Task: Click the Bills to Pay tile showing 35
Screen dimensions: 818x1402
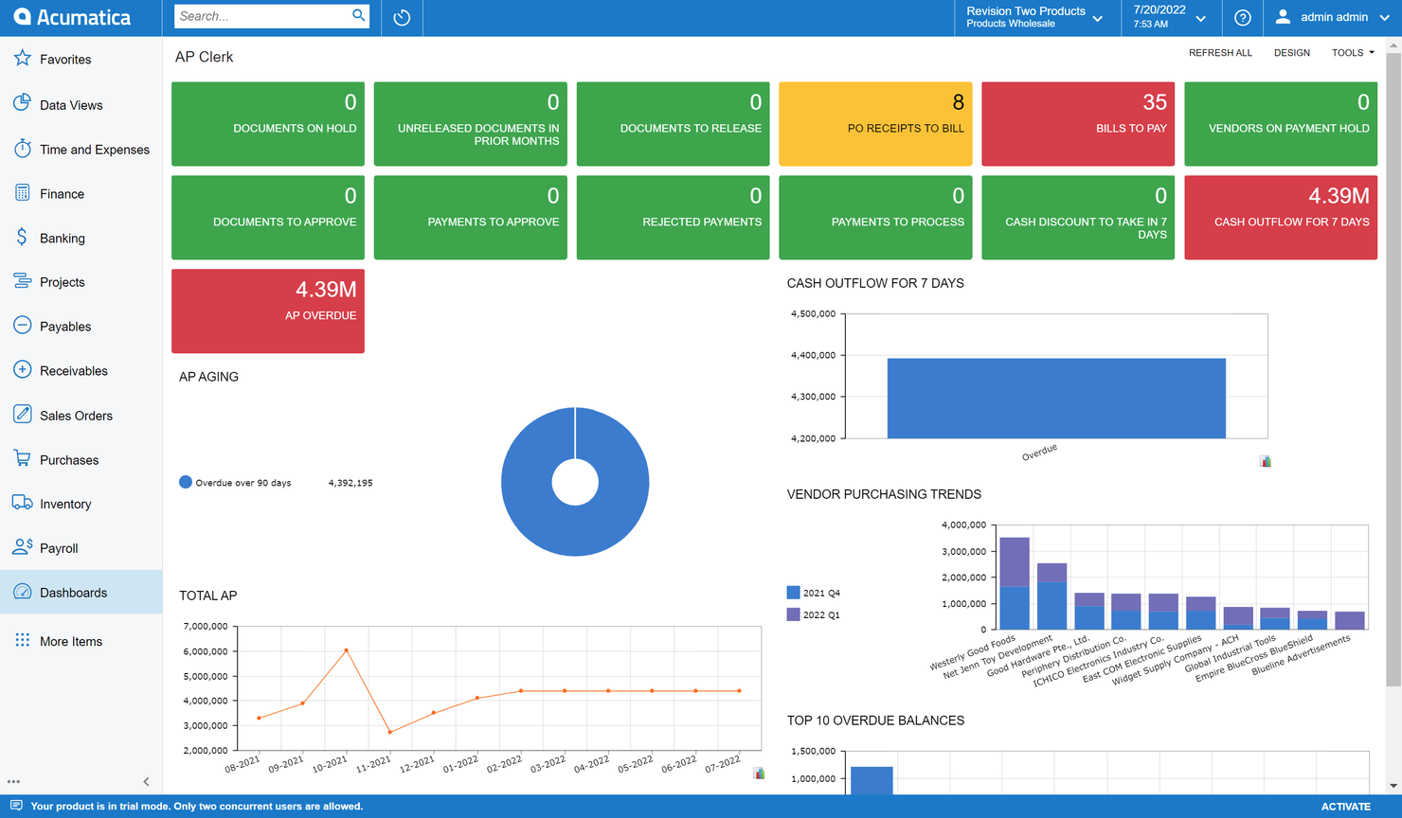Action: (1077, 124)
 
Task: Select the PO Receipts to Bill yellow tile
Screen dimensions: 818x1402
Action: (874, 124)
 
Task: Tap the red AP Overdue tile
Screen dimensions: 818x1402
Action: (267, 311)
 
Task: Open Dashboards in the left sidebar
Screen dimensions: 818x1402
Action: (73, 593)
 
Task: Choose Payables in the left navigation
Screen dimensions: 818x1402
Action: (65, 327)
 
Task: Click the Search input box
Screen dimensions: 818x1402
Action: (261, 16)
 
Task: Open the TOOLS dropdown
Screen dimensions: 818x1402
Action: (1352, 53)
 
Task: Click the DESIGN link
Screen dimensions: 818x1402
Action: (1291, 53)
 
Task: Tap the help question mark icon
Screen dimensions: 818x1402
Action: (1242, 18)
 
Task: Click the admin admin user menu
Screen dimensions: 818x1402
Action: (1332, 17)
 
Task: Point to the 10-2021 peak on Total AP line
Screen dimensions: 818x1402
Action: (347, 650)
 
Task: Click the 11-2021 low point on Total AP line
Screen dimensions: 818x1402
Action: (390, 732)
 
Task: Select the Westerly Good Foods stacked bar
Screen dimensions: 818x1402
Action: (1015, 583)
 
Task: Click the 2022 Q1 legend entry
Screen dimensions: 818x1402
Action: (814, 614)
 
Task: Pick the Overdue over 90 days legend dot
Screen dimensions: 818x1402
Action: (186, 482)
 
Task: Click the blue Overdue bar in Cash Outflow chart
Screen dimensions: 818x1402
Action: (1055, 398)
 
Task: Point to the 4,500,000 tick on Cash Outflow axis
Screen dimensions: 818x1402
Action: (813, 313)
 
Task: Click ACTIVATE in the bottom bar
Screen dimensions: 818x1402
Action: (1345, 807)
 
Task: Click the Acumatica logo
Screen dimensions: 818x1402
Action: (72, 17)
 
